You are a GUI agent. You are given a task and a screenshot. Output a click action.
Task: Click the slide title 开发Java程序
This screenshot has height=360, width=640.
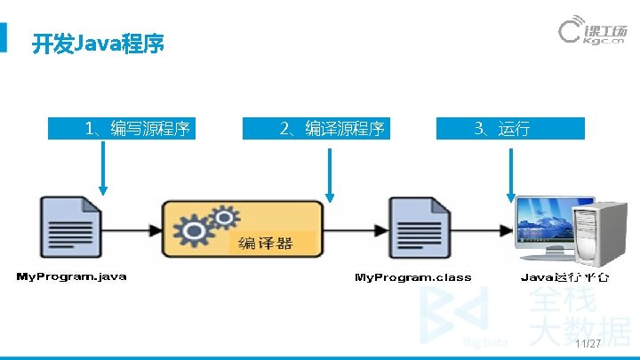(98, 44)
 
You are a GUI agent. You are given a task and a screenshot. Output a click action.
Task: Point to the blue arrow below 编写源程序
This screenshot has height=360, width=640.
(104, 169)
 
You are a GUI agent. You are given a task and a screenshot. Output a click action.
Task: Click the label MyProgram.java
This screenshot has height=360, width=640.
(72, 276)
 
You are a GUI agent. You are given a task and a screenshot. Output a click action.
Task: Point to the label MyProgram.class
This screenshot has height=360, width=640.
(413, 277)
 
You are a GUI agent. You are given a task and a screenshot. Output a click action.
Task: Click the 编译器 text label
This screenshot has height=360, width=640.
(264, 243)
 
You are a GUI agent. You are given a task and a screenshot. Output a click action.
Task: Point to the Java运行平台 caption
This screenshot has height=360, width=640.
(564, 277)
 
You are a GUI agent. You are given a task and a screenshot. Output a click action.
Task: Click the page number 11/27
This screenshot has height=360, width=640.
(588, 344)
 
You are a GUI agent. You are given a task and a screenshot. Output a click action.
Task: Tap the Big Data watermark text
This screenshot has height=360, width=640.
(485, 342)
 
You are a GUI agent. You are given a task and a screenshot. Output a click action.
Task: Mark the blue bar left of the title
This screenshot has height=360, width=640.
(4, 37)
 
